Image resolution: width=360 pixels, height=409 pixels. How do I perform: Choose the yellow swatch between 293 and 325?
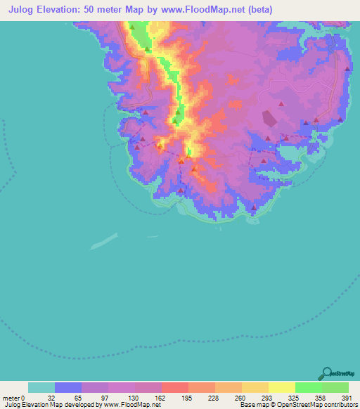281,387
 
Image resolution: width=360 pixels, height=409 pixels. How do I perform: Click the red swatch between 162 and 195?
174,387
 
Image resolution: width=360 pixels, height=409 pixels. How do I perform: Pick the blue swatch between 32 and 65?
67,387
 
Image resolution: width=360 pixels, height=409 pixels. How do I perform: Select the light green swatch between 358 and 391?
335,387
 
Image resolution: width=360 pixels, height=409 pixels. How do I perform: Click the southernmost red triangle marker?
252,207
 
